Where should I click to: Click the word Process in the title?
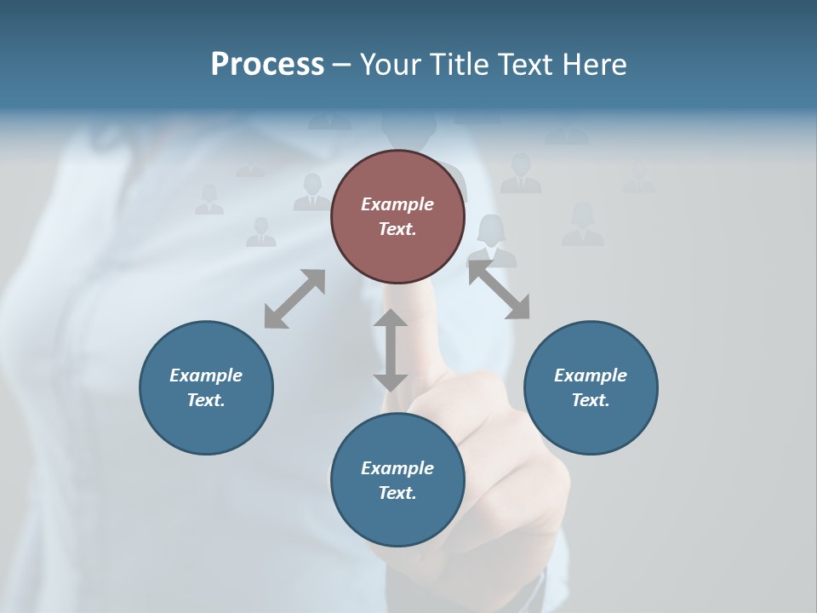[x=267, y=65]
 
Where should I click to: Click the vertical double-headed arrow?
[x=391, y=350]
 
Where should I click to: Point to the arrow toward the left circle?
[x=294, y=299]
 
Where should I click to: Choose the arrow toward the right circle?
[x=499, y=290]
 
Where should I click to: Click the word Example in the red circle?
[x=397, y=204]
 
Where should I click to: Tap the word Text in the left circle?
[x=206, y=400]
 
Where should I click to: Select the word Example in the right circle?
[x=591, y=375]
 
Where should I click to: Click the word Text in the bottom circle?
[x=397, y=493]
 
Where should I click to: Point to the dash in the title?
[x=341, y=65]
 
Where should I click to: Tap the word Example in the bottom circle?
[x=397, y=468]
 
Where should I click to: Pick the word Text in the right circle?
[x=591, y=400]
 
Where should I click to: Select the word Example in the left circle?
[x=206, y=375]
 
